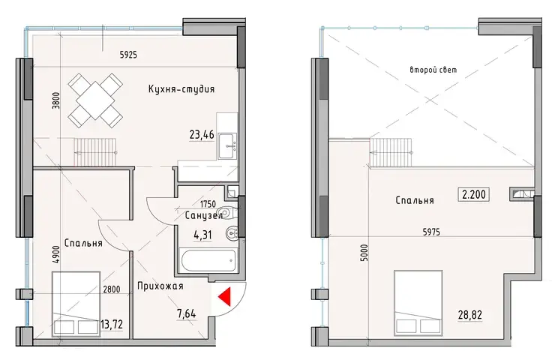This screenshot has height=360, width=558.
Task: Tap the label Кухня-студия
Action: point(181,89)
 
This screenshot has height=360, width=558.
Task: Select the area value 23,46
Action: point(202,135)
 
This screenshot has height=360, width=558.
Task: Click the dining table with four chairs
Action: point(95,100)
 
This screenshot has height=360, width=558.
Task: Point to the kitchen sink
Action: point(226,145)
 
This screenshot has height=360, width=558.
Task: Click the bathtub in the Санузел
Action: point(208,261)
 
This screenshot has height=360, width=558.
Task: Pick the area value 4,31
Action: point(202,235)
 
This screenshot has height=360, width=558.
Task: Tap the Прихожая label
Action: point(160,286)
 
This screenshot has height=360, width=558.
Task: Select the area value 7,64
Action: point(187,313)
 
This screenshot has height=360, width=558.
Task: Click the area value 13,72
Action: point(112,325)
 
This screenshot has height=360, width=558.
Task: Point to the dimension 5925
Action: point(128,55)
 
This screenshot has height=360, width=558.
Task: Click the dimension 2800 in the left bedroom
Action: point(112,289)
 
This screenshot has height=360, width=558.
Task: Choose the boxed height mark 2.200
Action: point(474,194)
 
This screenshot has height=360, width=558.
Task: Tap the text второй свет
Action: point(433,70)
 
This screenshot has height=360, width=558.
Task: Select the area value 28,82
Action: point(470,315)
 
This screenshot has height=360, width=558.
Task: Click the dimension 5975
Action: point(431,232)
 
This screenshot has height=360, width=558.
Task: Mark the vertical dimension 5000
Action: point(364,253)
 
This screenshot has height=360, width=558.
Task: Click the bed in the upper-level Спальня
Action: point(418,304)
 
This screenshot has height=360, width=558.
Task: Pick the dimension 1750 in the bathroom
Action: point(208,204)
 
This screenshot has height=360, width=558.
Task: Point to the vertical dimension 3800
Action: point(55,100)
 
